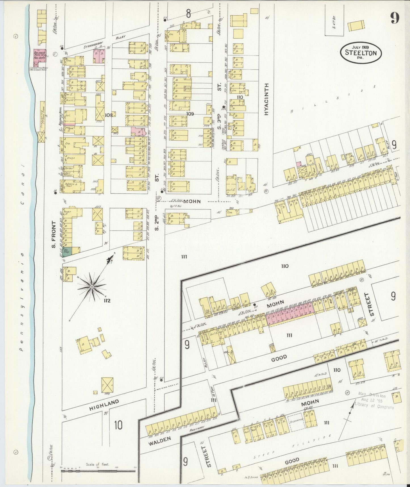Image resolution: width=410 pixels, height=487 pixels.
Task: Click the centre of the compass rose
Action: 92,287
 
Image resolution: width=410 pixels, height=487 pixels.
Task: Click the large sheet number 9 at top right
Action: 395,19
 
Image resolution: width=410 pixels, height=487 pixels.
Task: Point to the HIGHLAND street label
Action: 104,405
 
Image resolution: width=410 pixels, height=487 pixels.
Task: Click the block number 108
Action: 109,115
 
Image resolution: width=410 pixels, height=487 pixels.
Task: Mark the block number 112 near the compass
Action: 107,301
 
